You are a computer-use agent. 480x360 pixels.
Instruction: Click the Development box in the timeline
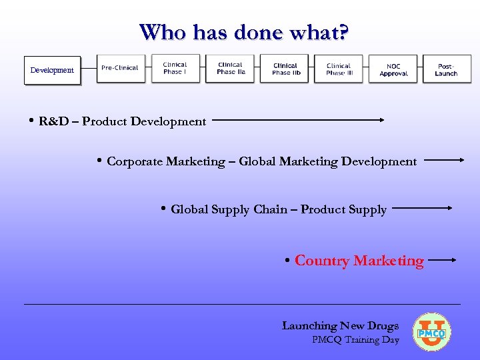point(52,70)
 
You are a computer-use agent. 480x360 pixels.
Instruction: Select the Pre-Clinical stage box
point(120,68)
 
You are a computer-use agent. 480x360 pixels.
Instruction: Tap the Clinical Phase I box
point(175,68)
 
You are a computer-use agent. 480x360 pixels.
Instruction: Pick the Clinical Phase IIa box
point(231,68)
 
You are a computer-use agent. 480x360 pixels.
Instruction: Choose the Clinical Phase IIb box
point(285,69)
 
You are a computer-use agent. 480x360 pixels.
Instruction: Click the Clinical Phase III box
point(339,69)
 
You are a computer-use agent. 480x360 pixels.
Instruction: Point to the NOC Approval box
point(393,69)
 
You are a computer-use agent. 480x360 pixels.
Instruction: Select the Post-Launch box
point(446,69)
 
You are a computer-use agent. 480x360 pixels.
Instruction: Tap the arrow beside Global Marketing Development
point(444,160)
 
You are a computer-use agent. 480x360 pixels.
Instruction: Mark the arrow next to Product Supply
point(423,208)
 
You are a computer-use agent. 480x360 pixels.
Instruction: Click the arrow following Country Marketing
point(442,260)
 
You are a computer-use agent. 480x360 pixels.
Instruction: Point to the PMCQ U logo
point(431,332)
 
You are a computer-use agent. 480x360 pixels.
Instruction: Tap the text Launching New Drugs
point(340,325)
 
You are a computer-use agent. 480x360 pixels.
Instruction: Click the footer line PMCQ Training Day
point(355,340)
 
